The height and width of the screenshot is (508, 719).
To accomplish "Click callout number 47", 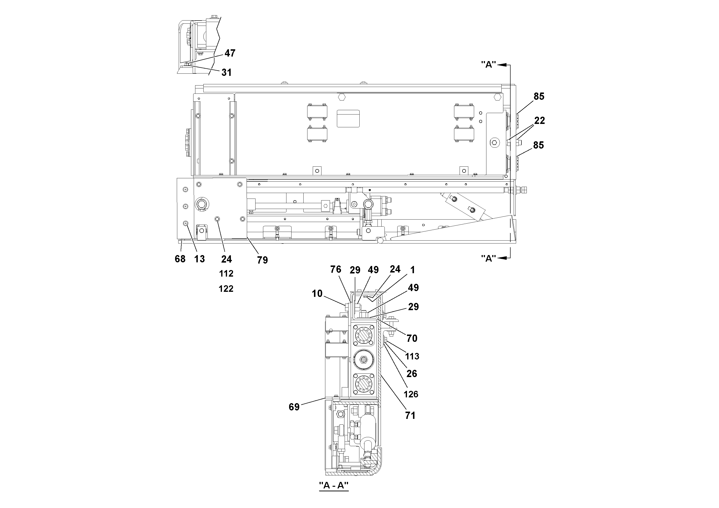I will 230,53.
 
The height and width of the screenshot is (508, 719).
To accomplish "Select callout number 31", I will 226,73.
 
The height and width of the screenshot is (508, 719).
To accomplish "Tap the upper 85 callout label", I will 539,96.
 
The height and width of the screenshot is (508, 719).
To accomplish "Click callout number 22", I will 539,121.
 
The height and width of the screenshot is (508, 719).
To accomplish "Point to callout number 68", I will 180,259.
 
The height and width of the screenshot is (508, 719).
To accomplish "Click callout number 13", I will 199,259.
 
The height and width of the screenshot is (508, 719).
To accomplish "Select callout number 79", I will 263,260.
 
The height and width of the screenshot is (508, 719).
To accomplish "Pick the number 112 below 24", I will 226,274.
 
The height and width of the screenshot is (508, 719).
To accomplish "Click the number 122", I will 226,289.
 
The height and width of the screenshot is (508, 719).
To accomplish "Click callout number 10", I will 317,293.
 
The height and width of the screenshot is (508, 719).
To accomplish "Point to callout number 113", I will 412,356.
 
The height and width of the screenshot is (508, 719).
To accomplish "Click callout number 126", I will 411,394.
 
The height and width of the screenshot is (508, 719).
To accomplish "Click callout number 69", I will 294,407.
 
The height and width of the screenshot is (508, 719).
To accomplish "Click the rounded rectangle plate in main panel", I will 348,118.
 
